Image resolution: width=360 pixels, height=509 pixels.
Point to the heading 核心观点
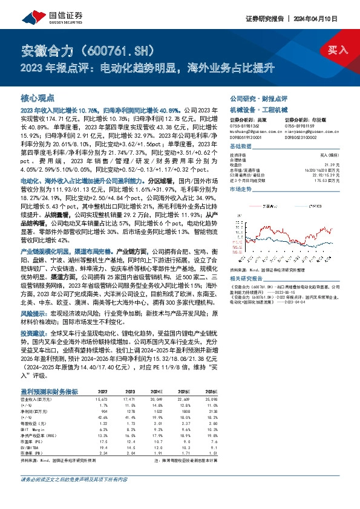[38, 97]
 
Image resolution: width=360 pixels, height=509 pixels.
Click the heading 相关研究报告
[248, 261]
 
